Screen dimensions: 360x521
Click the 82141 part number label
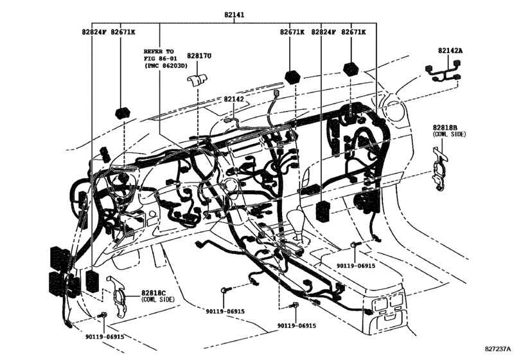[234, 14]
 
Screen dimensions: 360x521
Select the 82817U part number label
[199, 57]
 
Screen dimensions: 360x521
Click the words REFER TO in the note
[158, 50]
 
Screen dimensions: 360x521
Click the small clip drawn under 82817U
[197, 80]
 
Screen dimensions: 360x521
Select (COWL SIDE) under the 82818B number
[449, 134]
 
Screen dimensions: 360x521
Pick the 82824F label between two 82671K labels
[324, 32]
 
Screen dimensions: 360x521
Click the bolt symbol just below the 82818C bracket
[103, 315]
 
